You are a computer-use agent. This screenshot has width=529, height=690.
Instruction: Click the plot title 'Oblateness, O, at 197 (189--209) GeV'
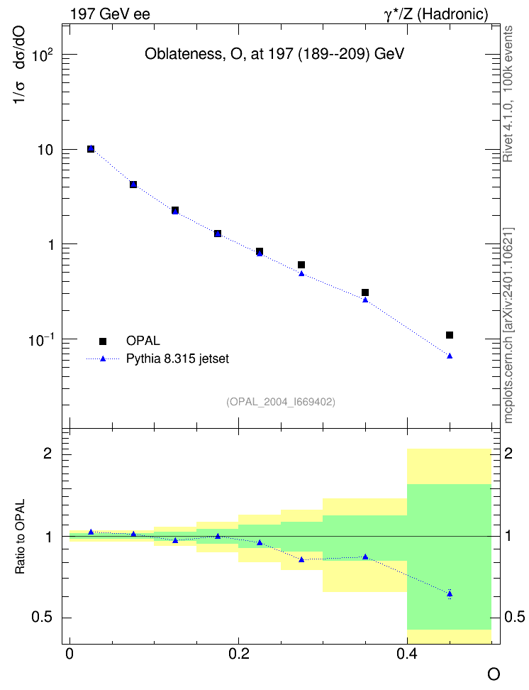tap(274, 54)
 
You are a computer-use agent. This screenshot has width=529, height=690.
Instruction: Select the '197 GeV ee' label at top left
tap(110, 14)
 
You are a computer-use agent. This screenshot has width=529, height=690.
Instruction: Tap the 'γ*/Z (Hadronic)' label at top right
tap(436, 14)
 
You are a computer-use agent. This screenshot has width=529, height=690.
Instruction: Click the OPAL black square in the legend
tap(103, 341)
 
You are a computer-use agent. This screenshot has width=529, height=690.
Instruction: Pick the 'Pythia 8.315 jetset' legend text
tap(178, 358)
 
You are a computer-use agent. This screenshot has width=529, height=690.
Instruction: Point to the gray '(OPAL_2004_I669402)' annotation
tap(281, 402)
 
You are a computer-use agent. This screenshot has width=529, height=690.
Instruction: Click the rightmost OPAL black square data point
tap(450, 335)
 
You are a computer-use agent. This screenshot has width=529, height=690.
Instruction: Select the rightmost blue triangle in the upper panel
tap(450, 356)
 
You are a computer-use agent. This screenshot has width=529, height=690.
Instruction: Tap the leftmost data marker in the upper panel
tap(91, 149)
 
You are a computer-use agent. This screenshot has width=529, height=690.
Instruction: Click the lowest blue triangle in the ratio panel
tap(450, 594)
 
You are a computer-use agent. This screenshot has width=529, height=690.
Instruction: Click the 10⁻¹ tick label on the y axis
tap(41, 340)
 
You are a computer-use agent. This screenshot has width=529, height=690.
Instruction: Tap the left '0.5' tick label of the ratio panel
tap(42, 618)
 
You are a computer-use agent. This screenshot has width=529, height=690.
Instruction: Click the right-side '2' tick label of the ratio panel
tap(508, 453)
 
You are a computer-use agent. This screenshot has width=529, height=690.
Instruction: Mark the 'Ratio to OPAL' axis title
tap(20, 536)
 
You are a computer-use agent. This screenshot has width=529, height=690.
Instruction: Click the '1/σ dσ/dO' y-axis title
tap(20, 65)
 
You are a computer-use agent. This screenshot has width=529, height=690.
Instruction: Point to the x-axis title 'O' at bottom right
tap(494, 674)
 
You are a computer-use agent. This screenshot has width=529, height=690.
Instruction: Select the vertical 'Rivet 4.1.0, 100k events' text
tap(508, 94)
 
